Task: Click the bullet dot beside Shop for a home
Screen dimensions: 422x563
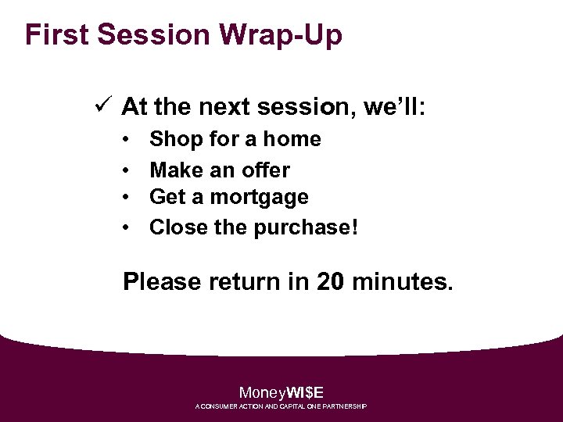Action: [127, 140]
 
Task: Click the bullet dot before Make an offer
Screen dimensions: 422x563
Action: [127, 170]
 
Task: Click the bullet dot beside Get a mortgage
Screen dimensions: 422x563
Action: [127, 198]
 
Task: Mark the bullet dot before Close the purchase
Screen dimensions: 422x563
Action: [127, 227]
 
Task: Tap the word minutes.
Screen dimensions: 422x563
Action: [402, 281]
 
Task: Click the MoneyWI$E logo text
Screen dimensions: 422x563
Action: [281, 392]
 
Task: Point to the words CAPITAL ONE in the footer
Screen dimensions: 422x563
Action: [302, 407]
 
